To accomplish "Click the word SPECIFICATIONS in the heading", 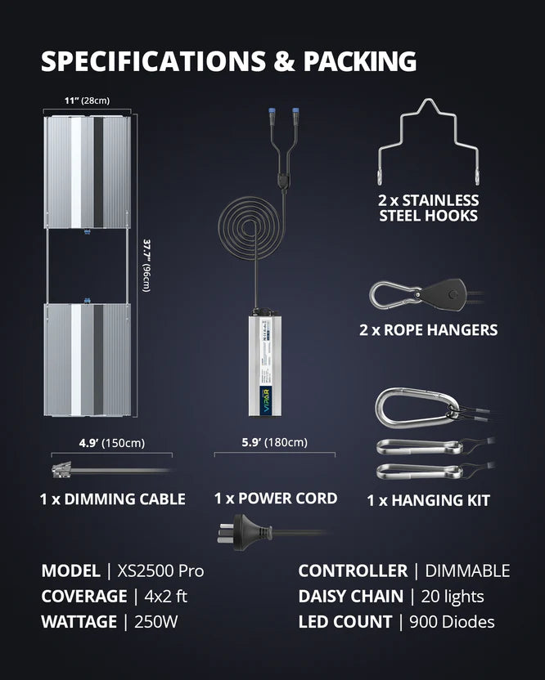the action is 153,61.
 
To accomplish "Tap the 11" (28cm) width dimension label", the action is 87,101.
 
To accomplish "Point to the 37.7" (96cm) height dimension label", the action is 146,265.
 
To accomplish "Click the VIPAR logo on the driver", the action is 265,400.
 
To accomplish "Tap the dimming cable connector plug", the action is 61,471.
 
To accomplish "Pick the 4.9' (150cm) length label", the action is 111,443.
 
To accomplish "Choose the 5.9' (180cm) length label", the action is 274,442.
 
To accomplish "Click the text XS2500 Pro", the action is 160,570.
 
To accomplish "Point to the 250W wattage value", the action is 156,621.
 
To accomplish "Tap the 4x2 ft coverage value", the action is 165,597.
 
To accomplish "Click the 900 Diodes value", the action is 452,621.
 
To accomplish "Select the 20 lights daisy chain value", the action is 452,597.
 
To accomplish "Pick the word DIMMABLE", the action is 467,570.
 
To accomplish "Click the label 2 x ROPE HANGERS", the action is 428,330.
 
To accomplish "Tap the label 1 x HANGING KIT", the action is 428,500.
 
